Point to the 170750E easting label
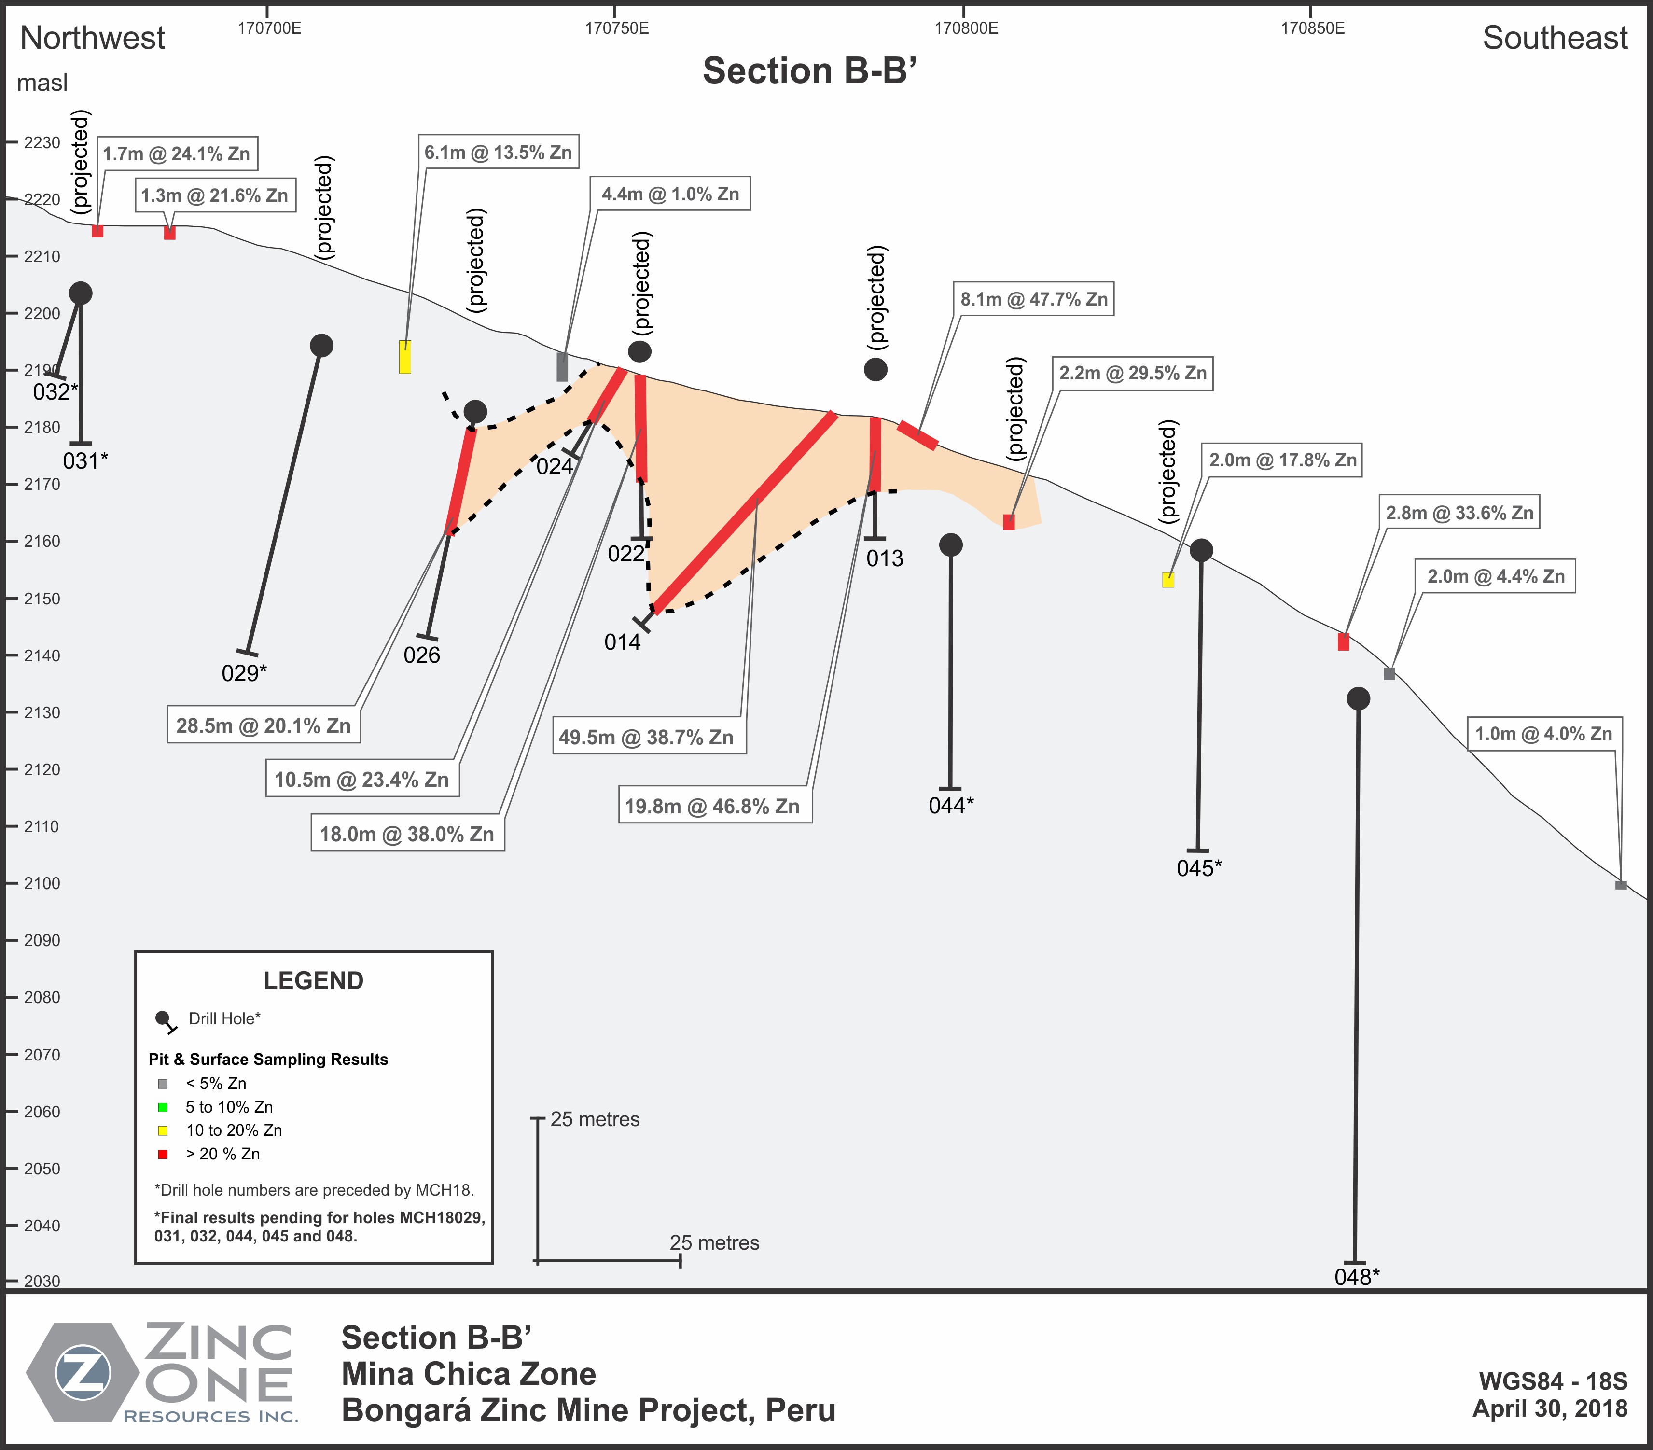pyautogui.click(x=616, y=28)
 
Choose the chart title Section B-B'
pyautogui.click(x=809, y=70)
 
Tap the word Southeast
pyautogui.click(x=1555, y=38)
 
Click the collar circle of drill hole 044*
pyautogui.click(x=951, y=545)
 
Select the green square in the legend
pyautogui.click(x=163, y=1107)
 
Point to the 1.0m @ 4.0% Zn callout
pyautogui.click(x=1544, y=734)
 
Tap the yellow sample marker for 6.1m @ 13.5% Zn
pyautogui.click(x=405, y=357)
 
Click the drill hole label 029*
pyautogui.click(x=244, y=673)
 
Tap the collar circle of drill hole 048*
pyautogui.click(x=1359, y=699)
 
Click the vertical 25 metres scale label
pyautogui.click(x=595, y=1119)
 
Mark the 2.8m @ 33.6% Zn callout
pyautogui.click(x=1460, y=513)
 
